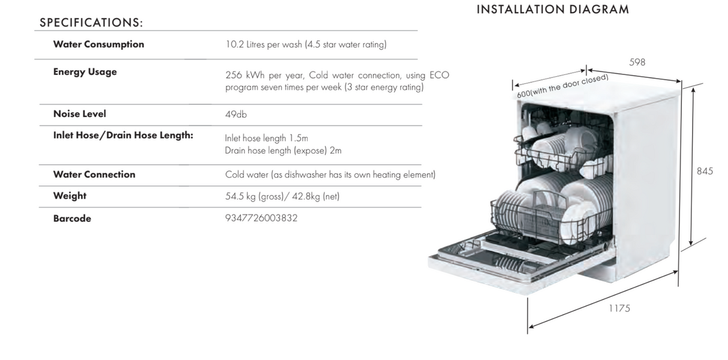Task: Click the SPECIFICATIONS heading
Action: tap(91, 22)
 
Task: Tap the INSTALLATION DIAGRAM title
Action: tap(553, 10)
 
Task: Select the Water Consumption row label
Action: tap(98, 44)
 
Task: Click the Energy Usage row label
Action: tap(85, 72)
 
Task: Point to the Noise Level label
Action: tap(80, 114)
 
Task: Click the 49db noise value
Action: tap(236, 115)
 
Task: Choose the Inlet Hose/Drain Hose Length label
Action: tap(123, 135)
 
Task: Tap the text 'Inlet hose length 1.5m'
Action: tap(266, 138)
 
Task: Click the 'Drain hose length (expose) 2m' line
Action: tap(283, 151)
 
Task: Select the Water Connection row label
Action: tap(94, 175)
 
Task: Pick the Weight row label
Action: tap(70, 196)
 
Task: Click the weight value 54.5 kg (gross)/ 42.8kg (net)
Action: tap(282, 196)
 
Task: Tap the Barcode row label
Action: tap(72, 218)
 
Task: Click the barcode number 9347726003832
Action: tap(261, 218)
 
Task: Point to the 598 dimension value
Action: tap(637, 62)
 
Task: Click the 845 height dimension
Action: tap(705, 171)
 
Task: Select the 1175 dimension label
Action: tap(619, 308)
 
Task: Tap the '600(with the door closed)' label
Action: tap(562, 86)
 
